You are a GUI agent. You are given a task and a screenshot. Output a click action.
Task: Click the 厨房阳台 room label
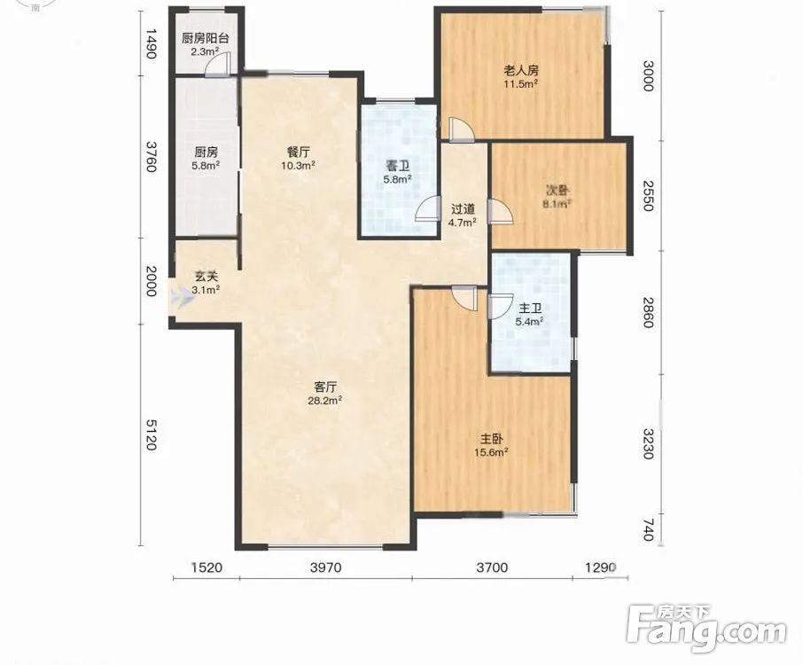point(205,38)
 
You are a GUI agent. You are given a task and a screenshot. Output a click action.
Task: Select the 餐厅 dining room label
point(298,152)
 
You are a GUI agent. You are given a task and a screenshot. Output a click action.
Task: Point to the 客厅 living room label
point(325,387)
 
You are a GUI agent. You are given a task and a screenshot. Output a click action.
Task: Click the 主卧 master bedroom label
point(492,439)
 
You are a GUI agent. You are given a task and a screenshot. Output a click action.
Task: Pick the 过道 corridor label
point(463,209)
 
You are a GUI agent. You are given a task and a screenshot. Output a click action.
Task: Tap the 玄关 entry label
point(206,277)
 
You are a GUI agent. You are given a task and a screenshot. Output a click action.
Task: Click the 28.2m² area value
point(325,401)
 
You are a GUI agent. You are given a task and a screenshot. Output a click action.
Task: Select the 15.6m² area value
point(491,452)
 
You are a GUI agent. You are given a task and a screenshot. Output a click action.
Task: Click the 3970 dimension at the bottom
point(326,567)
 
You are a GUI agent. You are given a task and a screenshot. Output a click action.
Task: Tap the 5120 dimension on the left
point(151,434)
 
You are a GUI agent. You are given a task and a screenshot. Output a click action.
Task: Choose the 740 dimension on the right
point(648,530)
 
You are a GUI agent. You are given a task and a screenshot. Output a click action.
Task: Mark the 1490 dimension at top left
point(151,43)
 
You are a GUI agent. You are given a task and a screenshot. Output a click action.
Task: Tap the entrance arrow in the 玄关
point(182,297)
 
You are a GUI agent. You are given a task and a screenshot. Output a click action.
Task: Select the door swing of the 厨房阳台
point(218,64)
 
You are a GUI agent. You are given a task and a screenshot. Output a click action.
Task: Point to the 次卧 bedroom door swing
point(500,211)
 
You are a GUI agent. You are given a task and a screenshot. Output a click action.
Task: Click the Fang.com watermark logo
point(707,629)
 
